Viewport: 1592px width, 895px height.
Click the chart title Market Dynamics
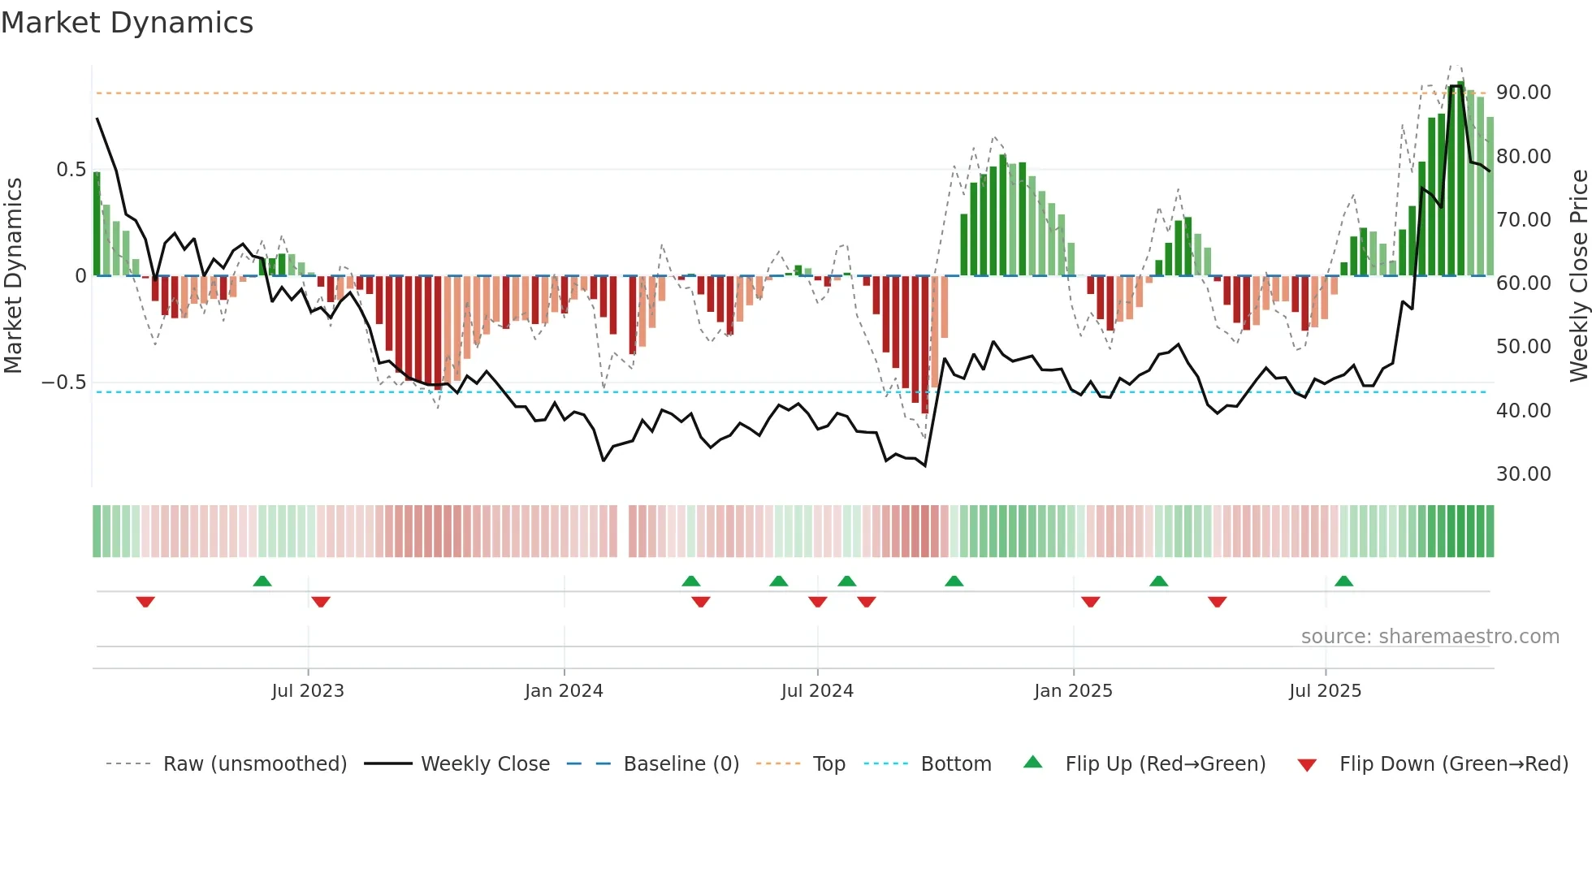[x=128, y=23]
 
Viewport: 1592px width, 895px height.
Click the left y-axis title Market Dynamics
[x=14, y=276]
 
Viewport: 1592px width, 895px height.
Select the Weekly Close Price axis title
[x=1578, y=276]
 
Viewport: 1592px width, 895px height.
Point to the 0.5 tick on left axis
[x=71, y=170]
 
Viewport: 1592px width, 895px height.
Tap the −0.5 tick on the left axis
[x=64, y=383]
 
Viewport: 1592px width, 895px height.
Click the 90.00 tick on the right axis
[x=1524, y=93]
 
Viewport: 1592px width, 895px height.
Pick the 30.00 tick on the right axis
[x=1524, y=474]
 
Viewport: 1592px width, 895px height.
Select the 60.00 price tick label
[x=1524, y=283]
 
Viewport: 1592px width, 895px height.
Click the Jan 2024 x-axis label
[x=564, y=691]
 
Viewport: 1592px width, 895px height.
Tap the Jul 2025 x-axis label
[x=1325, y=691]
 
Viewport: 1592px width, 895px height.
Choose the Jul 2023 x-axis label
[x=308, y=691]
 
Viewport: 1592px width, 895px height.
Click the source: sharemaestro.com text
[x=1430, y=637]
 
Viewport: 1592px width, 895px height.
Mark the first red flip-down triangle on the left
[x=145, y=602]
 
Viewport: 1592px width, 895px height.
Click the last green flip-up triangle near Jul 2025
[x=1343, y=581]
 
